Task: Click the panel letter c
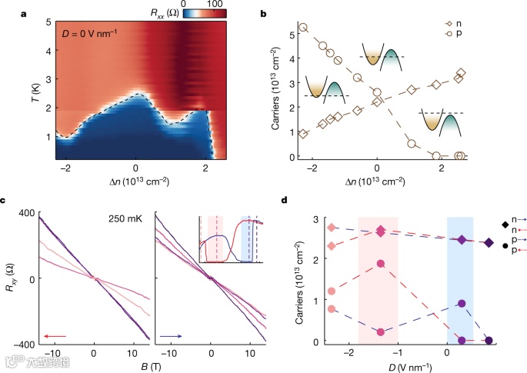(x=6, y=201)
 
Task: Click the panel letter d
(x=287, y=201)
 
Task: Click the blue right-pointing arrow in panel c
(x=171, y=335)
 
